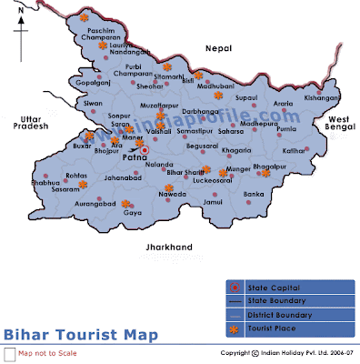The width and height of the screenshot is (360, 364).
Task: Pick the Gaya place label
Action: tap(133, 213)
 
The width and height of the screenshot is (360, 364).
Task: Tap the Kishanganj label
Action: tap(323, 97)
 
